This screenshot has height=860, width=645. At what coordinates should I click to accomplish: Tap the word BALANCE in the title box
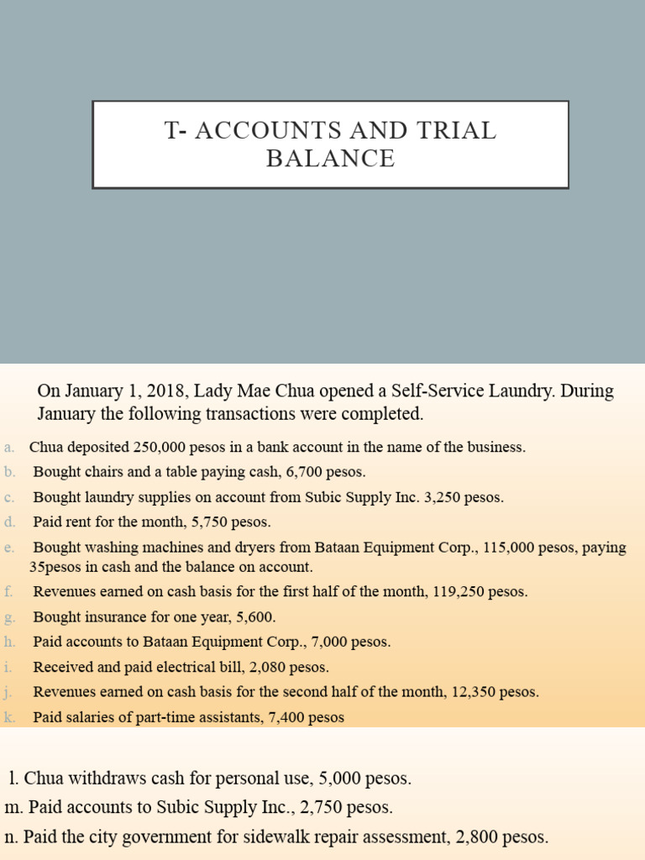[x=330, y=159]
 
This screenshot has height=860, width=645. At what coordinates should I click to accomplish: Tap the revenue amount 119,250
[x=460, y=592]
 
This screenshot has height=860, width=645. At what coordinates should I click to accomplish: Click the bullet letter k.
[x=9, y=718]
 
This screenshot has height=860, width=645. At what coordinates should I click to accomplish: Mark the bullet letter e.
[x=8, y=548]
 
